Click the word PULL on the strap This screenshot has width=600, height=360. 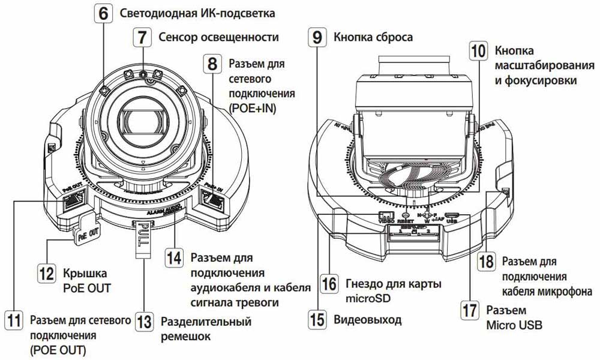coord(142,232)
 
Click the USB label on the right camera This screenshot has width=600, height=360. coord(453,221)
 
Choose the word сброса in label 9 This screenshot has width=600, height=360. coord(391,37)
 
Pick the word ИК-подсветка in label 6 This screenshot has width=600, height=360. coord(229,13)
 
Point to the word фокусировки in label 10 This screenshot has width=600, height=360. coord(538,79)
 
